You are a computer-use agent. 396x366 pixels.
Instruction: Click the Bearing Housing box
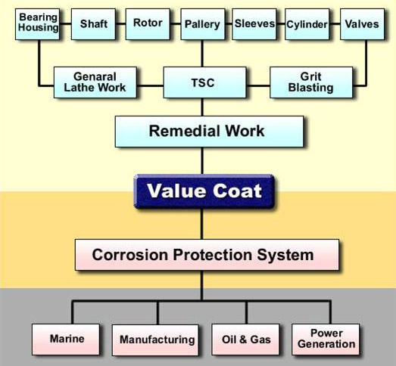(37, 24)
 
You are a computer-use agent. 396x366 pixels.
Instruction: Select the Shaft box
(93, 24)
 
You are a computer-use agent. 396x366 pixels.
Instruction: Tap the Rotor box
(148, 24)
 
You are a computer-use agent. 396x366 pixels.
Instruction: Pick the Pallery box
(203, 24)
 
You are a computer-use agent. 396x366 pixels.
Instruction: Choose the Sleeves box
(254, 24)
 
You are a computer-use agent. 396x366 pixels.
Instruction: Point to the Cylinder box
(307, 24)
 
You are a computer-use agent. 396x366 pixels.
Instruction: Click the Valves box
(363, 24)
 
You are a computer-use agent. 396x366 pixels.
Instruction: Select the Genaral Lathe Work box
(95, 82)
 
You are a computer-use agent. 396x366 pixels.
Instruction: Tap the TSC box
(205, 82)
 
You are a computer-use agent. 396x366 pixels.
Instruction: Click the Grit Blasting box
(311, 82)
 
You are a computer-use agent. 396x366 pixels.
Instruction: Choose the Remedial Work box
(210, 132)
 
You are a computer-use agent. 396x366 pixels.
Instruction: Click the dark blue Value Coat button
(204, 191)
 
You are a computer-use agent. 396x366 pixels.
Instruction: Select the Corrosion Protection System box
(207, 255)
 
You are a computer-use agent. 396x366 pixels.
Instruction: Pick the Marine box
(66, 340)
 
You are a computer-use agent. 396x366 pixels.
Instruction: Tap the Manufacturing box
(155, 340)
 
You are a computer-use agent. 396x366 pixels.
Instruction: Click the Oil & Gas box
(245, 340)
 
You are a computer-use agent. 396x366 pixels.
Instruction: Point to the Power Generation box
(326, 340)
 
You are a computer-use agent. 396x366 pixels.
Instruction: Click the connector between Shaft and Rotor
(120, 24)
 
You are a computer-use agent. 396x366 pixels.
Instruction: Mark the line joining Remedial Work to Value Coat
(202, 161)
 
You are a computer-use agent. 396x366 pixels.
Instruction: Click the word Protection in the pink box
(213, 255)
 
